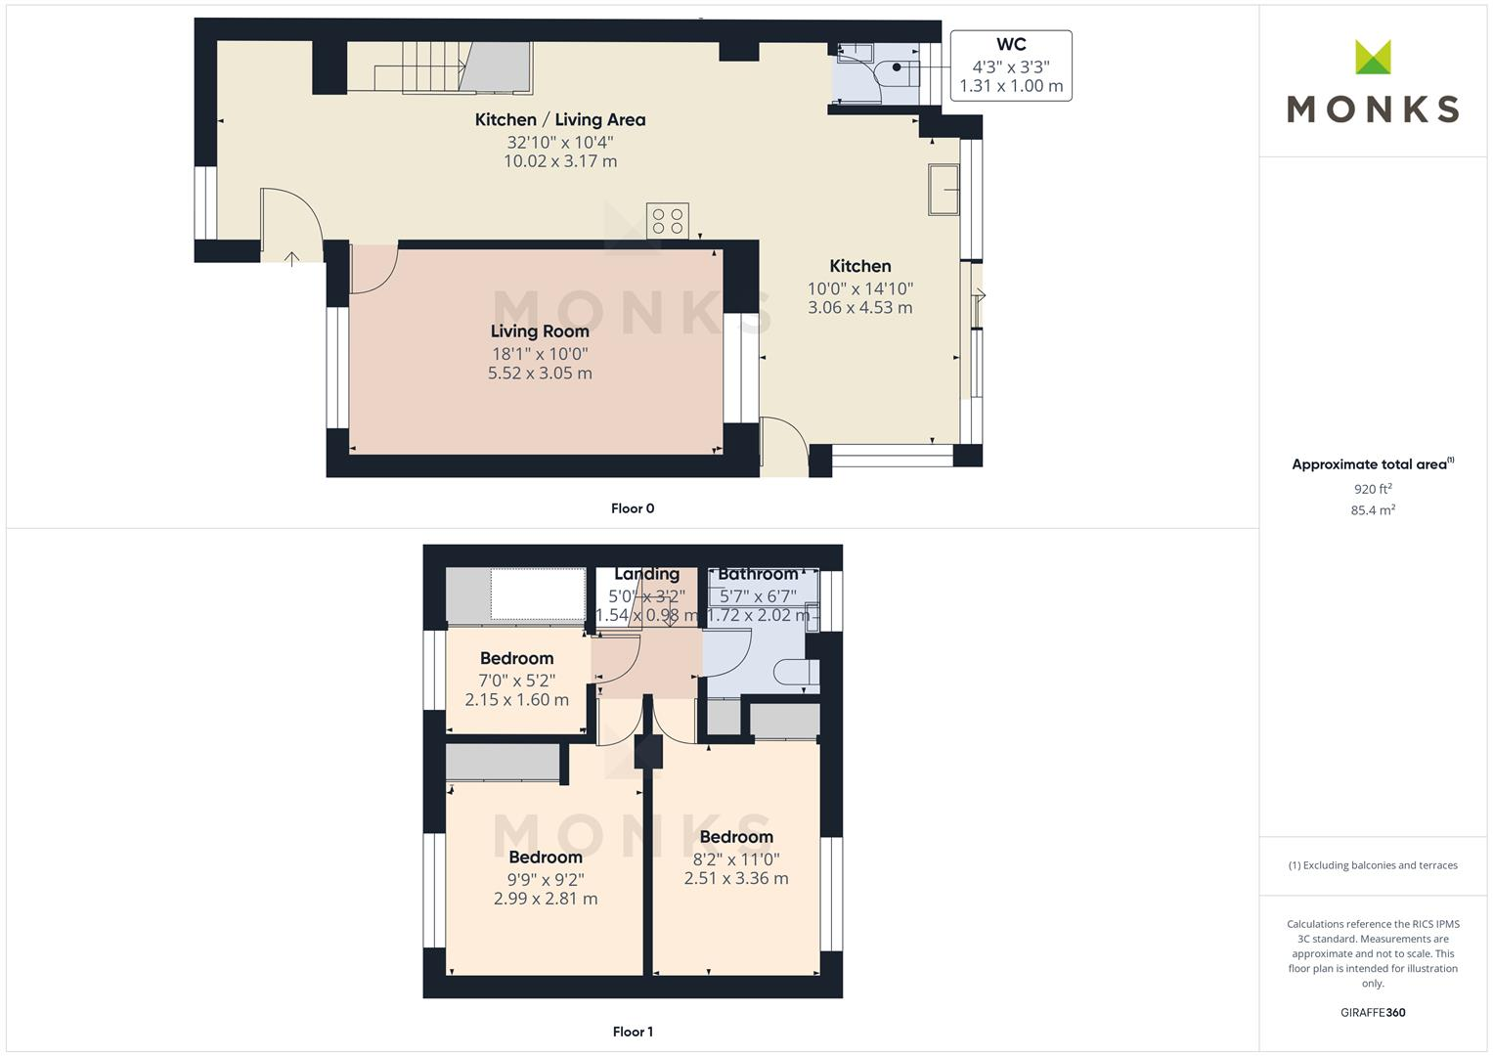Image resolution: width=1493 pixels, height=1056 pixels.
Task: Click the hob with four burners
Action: pos(667,221)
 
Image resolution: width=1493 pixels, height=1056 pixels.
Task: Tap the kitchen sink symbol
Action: pos(944,189)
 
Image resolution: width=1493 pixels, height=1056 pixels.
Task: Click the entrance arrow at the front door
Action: pos(291,258)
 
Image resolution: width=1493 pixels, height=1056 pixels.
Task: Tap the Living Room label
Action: pos(540,331)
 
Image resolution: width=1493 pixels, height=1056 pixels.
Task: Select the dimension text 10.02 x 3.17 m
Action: pos(560,161)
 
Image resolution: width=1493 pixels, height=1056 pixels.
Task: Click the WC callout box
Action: pos(1011,66)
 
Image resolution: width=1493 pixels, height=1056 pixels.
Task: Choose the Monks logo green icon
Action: pos(1373,58)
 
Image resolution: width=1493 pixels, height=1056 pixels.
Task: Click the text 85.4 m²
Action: pos(1373,510)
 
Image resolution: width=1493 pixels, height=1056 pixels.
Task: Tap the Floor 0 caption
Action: pos(633,508)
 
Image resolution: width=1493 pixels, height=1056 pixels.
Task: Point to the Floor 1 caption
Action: pos(633,1032)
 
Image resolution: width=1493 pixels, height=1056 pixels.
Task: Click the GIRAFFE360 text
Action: pos(1373,1013)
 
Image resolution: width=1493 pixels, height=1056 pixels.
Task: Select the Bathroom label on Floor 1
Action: pos(758,574)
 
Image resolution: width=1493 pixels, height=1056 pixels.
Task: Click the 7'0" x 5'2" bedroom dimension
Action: pos(516,681)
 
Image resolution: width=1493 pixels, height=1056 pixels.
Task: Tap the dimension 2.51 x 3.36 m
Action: pos(736,878)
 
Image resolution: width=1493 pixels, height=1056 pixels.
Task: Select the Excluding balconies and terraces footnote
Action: pos(1373,865)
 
